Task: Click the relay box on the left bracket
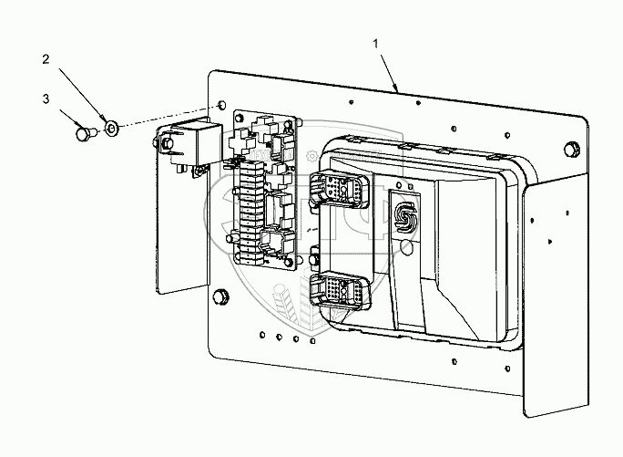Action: pos(186,144)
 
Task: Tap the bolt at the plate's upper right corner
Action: pos(570,149)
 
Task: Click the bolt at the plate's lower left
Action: pos(221,295)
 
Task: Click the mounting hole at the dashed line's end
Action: pos(221,107)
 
